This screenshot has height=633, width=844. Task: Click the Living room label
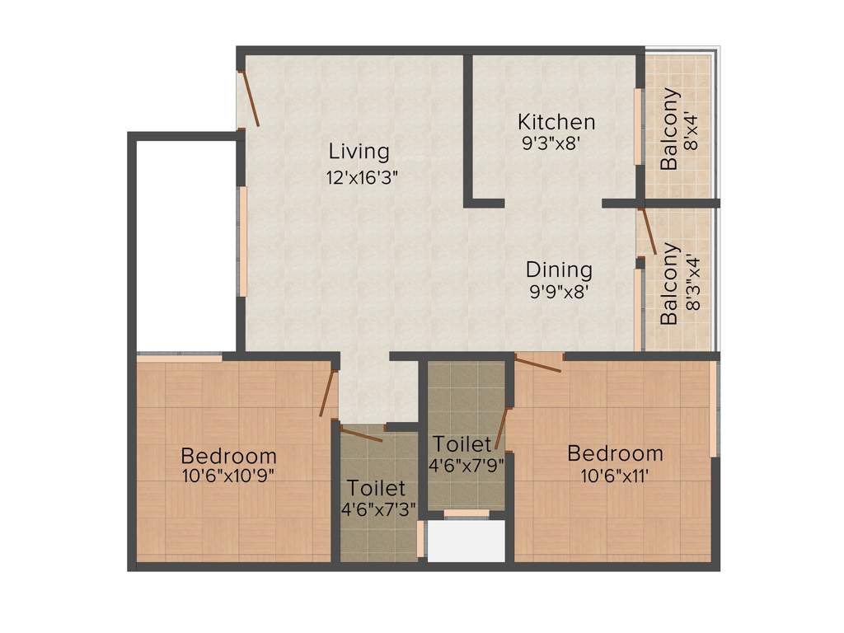[359, 152]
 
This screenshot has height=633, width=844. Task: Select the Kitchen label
[556, 122]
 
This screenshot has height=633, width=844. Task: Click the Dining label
[559, 270]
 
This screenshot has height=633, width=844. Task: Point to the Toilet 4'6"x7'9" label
[464, 454]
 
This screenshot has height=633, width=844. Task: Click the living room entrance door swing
[249, 99]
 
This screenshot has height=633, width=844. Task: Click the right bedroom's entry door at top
[537, 363]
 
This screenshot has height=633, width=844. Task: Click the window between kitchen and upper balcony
[637, 126]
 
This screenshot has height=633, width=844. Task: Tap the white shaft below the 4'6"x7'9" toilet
[466, 542]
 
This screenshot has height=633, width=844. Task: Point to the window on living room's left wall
[242, 241]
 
